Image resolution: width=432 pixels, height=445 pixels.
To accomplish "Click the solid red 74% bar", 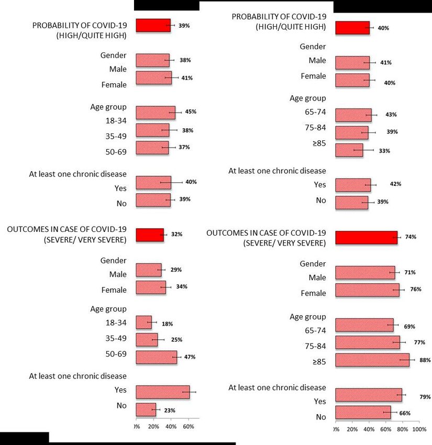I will tap(366, 238).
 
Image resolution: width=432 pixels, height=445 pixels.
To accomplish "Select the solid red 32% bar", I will tap(149, 235).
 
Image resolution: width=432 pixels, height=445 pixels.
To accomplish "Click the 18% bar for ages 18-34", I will tap(143, 322).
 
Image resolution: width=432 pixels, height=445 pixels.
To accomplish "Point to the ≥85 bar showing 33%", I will tap(349, 150).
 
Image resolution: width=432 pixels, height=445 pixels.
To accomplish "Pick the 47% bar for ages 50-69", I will tap(156, 357).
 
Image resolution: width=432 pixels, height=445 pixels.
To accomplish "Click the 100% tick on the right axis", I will tap(419, 429).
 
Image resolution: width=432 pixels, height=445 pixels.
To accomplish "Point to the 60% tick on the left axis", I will tap(188, 427).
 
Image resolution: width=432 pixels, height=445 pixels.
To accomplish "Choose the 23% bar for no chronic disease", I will tap(146, 410).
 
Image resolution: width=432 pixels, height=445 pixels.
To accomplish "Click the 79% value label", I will tap(425, 397).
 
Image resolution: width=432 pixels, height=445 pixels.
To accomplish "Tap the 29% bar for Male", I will tap(148, 270).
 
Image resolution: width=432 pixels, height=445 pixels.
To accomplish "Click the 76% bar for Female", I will tap(367, 290).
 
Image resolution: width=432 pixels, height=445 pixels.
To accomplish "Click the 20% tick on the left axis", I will tap(153, 427).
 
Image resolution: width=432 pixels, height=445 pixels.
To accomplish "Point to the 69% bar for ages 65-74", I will tap(364, 325).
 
